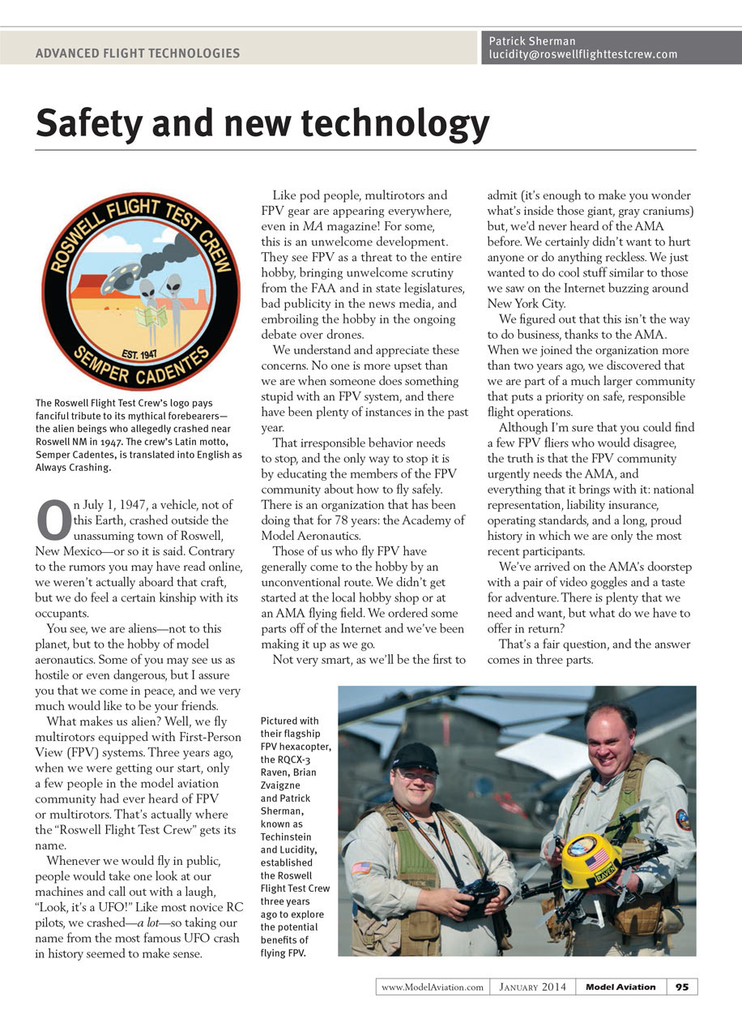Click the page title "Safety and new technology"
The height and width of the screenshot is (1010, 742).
[262, 124]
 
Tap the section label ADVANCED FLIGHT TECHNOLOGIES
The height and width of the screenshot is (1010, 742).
[138, 53]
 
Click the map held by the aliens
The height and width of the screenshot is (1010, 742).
[151, 315]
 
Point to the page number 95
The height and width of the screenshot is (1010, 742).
[682, 986]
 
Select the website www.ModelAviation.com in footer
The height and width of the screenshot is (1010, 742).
[432, 986]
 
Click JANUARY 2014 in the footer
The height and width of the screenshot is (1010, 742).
[533, 986]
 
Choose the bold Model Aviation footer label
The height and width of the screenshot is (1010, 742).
[620, 986]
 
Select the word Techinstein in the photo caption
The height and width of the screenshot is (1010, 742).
[287, 836]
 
